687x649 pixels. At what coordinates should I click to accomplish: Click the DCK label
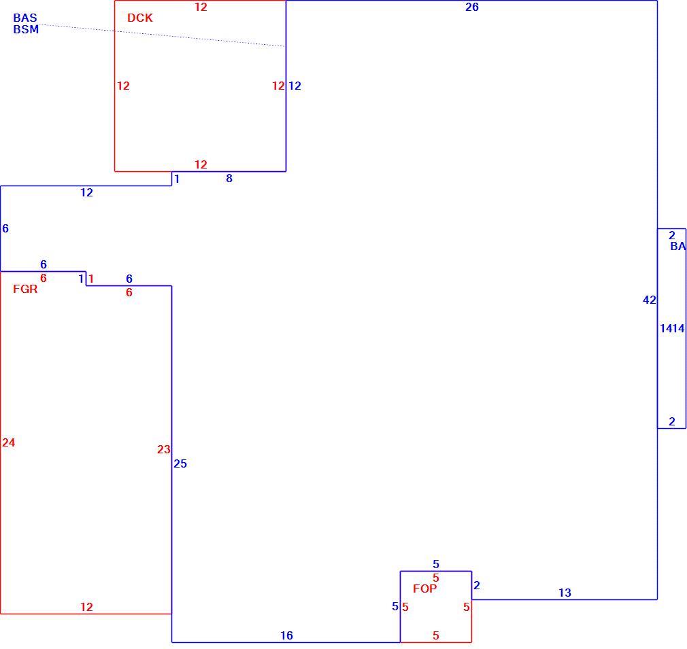coord(139,18)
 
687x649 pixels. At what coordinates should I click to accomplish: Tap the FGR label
coord(25,289)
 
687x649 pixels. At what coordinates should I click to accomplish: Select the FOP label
coord(424,589)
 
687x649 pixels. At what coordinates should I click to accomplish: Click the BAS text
coord(25,18)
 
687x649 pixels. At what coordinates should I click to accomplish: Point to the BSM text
coord(26,29)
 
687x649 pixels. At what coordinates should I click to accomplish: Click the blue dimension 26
coord(472,7)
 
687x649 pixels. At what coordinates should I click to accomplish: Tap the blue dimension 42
coord(650,300)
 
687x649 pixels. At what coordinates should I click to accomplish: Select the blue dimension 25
coord(180,463)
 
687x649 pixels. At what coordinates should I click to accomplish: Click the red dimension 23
coord(163,449)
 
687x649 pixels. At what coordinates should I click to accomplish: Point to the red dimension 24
coord(8,442)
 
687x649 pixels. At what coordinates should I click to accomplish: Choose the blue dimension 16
coord(286,635)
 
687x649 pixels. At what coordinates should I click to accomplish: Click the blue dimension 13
coord(565,593)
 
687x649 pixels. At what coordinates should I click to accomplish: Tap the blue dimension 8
coord(229,178)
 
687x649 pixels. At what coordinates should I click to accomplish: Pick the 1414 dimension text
coord(672,328)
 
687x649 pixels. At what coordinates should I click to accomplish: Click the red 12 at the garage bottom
coord(87,607)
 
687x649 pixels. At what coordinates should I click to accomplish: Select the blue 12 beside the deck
coord(295,86)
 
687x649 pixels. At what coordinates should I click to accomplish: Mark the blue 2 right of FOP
coord(477,585)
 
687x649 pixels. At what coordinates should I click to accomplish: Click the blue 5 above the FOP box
coord(436,564)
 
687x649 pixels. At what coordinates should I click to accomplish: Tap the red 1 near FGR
coord(91,279)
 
